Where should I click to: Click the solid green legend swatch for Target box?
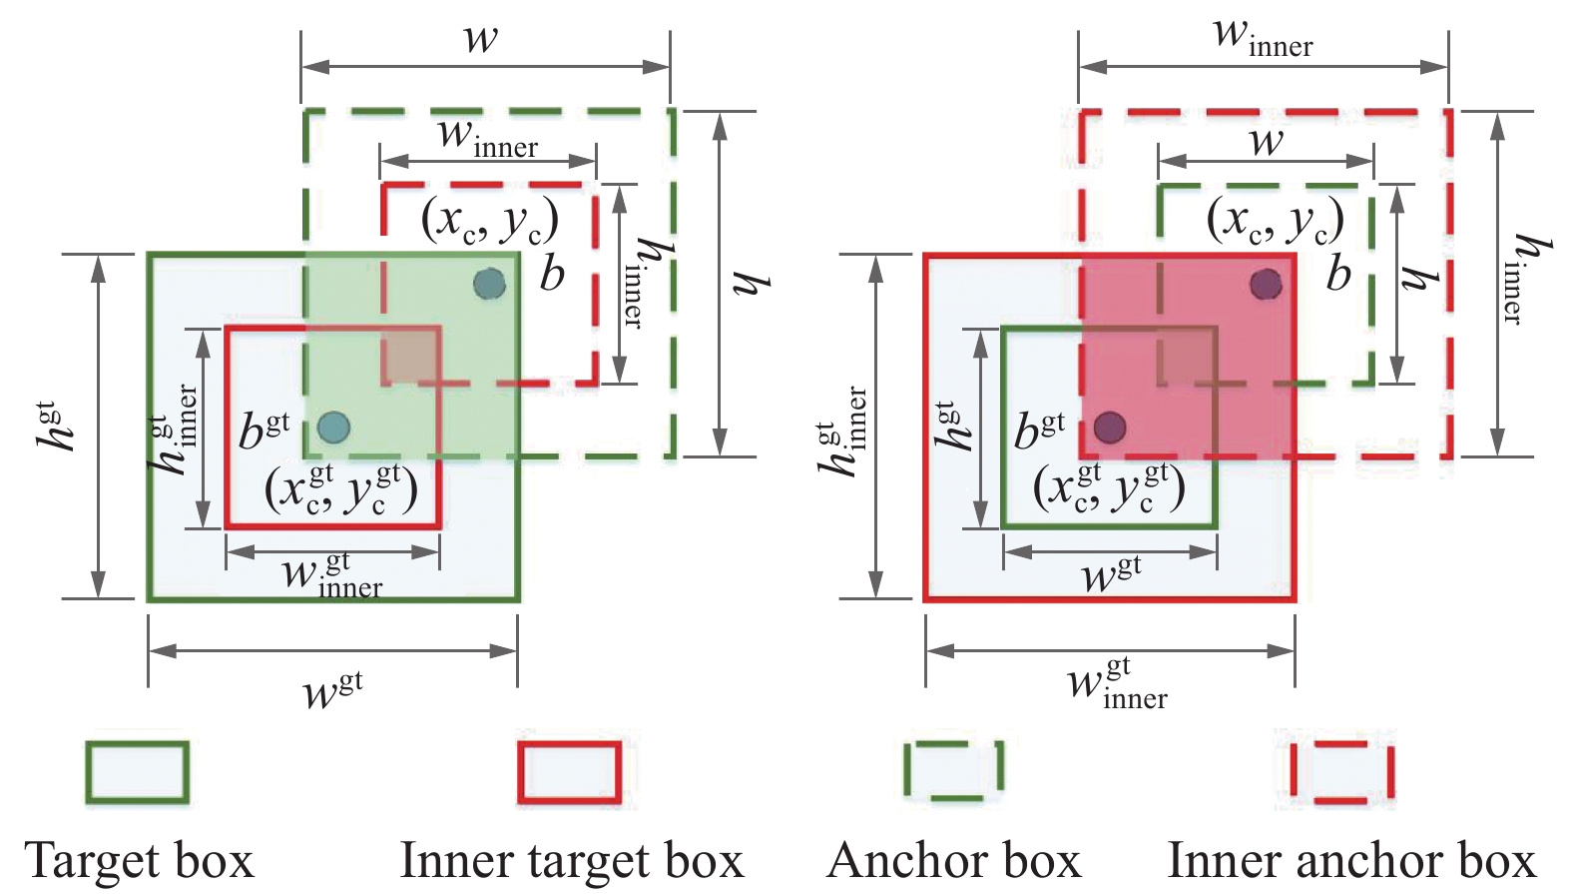(x=137, y=772)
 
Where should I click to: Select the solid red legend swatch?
(x=569, y=772)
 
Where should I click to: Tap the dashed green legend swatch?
(x=953, y=771)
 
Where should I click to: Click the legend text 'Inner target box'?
(x=572, y=860)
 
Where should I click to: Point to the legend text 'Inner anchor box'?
(x=1351, y=860)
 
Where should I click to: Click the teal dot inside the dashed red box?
(x=489, y=285)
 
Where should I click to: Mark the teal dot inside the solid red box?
(x=333, y=428)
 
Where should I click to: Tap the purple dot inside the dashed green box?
(x=1266, y=285)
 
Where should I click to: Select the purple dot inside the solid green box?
(x=1110, y=428)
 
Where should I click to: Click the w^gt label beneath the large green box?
(x=332, y=690)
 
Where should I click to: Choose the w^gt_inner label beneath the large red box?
(x=1117, y=683)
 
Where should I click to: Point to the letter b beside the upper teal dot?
(x=552, y=273)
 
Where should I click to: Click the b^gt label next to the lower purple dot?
(x=1039, y=431)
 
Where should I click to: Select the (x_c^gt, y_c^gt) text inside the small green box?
(x=1109, y=488)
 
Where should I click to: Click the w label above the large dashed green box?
(x=481, y=38)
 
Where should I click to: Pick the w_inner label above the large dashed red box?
(x=1263, y=37)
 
